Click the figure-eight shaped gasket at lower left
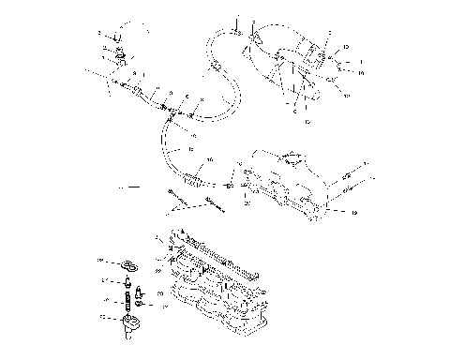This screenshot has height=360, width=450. pyautogui.click(x=127, y=263)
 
